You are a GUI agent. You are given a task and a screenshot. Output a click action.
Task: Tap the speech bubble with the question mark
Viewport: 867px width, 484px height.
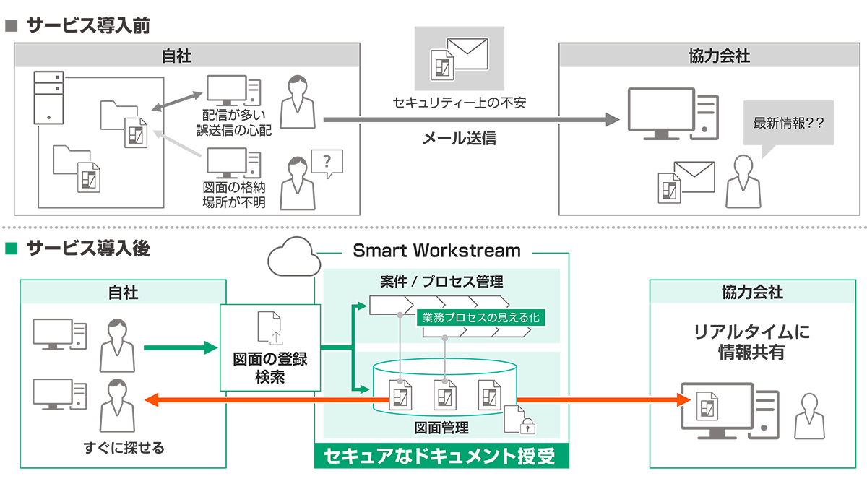pos(327,163)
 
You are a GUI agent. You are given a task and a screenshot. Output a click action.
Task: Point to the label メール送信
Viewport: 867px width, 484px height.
pos(459,138)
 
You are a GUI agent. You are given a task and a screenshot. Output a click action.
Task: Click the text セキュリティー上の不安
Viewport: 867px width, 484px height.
pos(459,103)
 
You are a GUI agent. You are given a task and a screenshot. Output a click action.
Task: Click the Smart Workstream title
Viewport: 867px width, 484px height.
pos(436,251)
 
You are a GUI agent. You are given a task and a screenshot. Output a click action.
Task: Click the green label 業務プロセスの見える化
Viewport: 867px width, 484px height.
pos(480,317)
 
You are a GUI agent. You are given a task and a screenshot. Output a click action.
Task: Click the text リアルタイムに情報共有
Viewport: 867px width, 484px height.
pos(751,343)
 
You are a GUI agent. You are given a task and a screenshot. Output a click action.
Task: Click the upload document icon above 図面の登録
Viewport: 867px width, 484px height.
pos(270,328)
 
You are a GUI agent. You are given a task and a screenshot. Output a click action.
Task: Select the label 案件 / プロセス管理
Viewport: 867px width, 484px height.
pos(441,281)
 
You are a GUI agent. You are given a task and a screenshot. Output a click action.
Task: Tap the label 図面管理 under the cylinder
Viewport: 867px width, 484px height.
pos(441,428)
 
